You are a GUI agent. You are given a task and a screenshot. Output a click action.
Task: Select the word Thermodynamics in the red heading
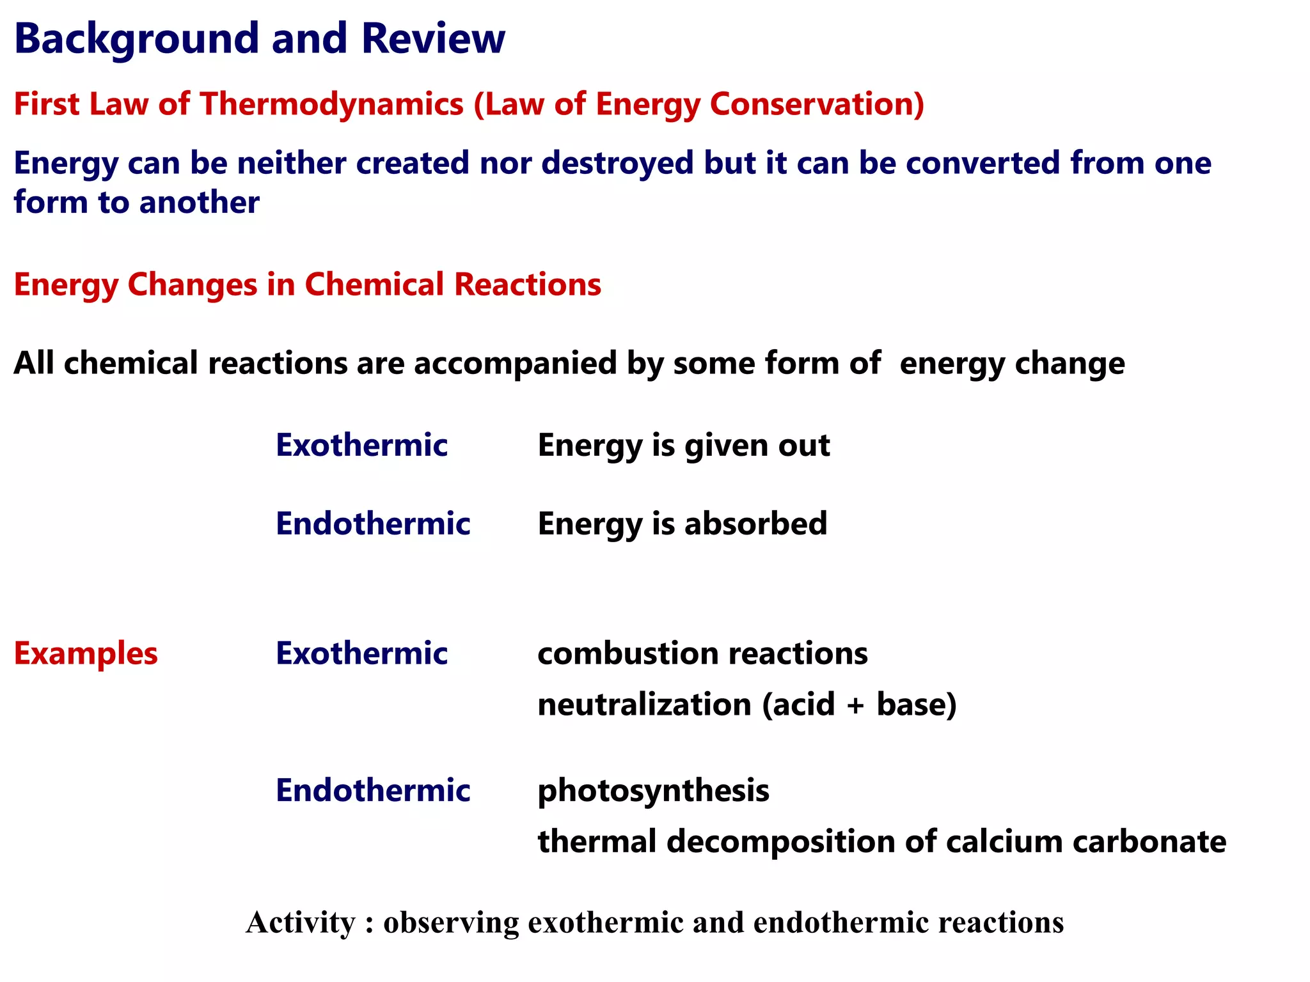(332, 104)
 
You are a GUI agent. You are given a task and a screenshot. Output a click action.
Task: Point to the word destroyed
(617, 163)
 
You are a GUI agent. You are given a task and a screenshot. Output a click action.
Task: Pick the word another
(200, 203)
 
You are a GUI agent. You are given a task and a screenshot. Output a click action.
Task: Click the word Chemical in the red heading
(374, 284)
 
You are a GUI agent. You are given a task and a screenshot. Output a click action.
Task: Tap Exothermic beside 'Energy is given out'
(361, 445)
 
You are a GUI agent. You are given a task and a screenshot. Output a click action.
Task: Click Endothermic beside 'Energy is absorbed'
(373, 524)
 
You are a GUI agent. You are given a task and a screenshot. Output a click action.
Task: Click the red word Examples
(86, 653)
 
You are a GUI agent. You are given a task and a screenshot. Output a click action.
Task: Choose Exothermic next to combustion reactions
(361, 653)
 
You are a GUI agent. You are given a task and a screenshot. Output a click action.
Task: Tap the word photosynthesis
(653, 791)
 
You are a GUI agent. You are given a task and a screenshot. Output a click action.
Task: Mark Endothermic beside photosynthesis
(373, 790)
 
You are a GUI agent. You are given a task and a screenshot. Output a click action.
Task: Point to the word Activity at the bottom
(300, 923)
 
